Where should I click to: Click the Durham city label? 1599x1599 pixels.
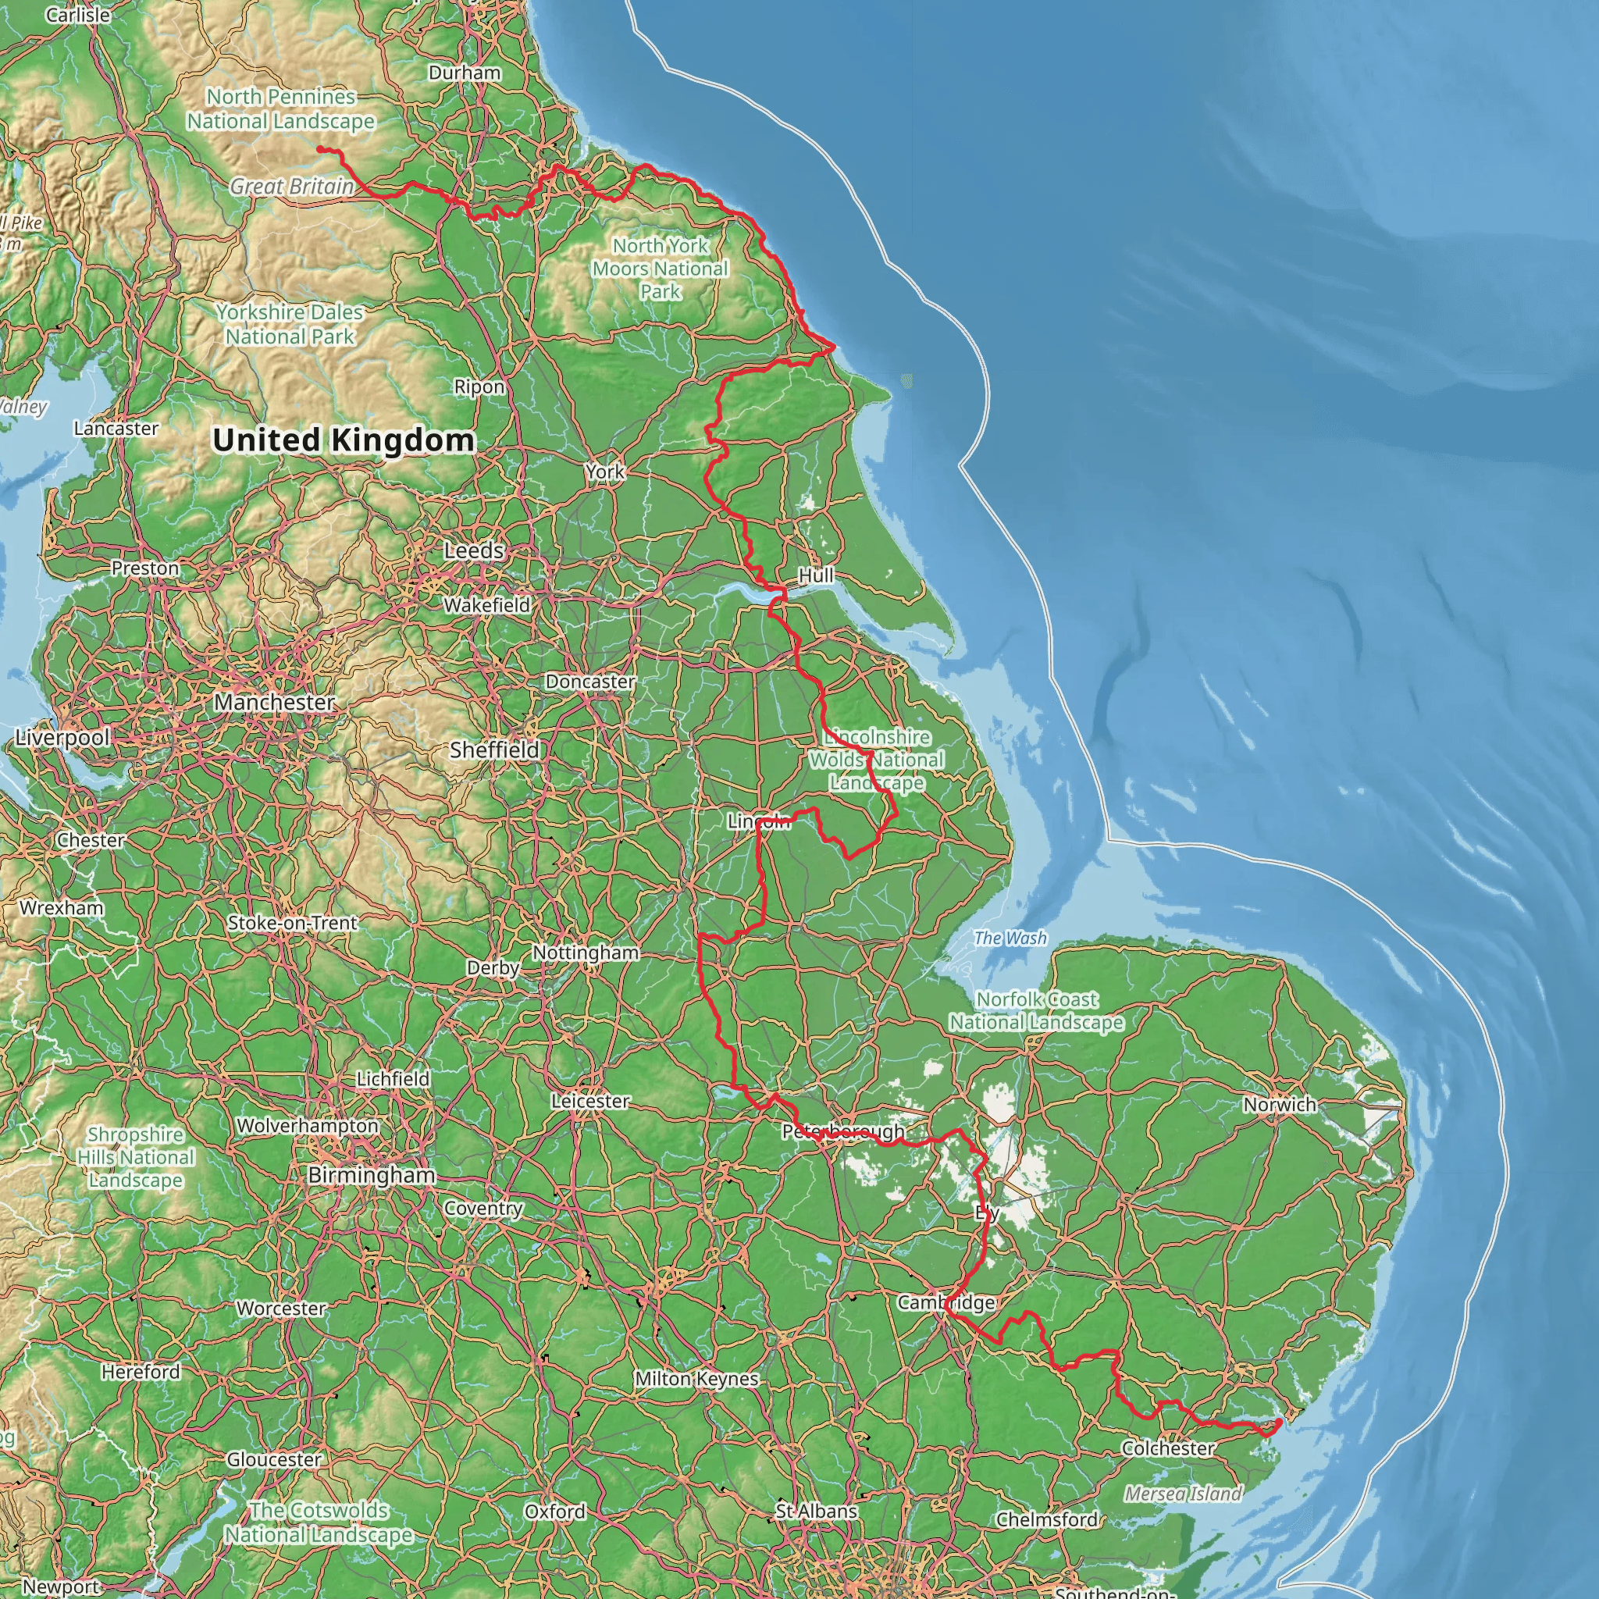click(x=465, y=73)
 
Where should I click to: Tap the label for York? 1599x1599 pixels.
click(x=605, y=472)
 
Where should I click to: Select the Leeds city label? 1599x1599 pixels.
click(x=473, y=550)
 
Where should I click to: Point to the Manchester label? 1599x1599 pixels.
click(x=275, y=703)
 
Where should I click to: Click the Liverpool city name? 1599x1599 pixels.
click(x=63, y=737)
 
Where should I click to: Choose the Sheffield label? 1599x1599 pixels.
click(x=494, y=750)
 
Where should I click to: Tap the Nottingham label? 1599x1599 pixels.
click(x=585, y=953)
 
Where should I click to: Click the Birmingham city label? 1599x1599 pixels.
click(x=372, y=1175)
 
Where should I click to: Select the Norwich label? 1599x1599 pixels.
click(x=1280, y=1104)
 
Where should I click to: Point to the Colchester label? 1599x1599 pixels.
click(x=1168, y=1448)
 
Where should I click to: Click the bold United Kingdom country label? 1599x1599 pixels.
click(x=344, y=440)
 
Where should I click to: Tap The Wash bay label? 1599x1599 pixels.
click(x=1010, y=938)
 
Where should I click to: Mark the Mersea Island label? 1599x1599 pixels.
click(x=1183, y=1494)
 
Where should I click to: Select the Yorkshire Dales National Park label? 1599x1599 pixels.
click(x=290, y=325)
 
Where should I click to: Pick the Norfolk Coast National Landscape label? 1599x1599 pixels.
click(x=1036, y=1010)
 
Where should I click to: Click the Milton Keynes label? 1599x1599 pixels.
click(x=697, y=1379)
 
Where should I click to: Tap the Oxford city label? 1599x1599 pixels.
click(x=554, y=1512)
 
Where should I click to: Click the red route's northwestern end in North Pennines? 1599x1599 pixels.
click(x=319, y=149)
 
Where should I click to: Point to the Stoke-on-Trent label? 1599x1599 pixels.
click(x=292, y=923)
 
